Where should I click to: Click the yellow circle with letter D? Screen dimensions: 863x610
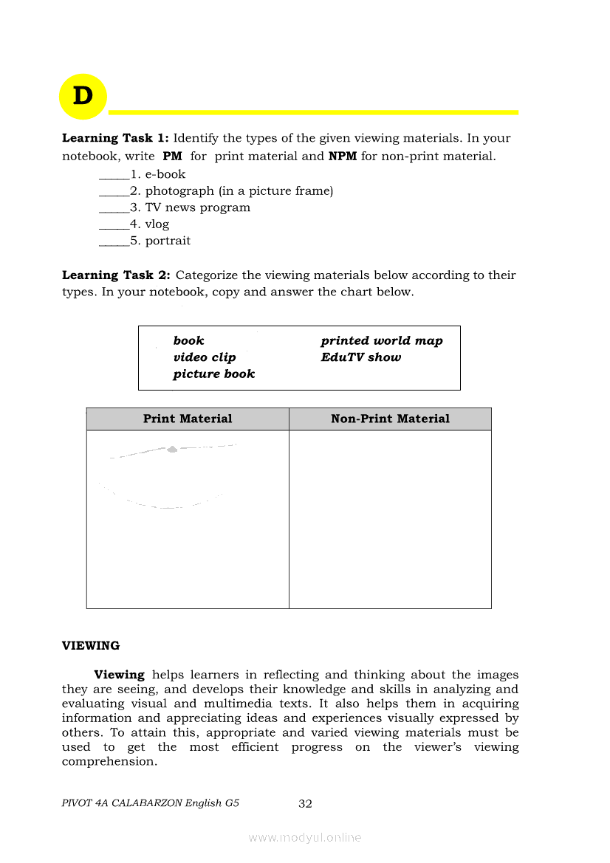coord(83,97)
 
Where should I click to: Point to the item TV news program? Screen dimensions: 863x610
coord(197,207)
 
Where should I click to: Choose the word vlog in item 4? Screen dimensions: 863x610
coord(157,224)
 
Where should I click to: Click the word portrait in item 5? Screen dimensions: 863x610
coord(168,241)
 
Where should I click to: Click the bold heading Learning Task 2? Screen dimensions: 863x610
coord(116,275)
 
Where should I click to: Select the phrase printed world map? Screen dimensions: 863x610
coord(382,341)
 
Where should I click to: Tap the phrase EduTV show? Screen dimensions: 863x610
coord(361,357)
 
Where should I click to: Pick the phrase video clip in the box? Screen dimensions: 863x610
coord(205,357)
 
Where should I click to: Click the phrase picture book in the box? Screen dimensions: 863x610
coord(214,374)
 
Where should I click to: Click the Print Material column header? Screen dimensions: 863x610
coord(188,419)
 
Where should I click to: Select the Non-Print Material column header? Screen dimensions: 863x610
coord(390,419)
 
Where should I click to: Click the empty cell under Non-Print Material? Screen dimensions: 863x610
coord(390,519)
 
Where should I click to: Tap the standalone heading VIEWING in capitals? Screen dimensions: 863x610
coord(91,646)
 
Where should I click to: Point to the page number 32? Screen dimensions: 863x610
coord(305,804)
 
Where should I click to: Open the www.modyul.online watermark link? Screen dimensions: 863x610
coord(305,838)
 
